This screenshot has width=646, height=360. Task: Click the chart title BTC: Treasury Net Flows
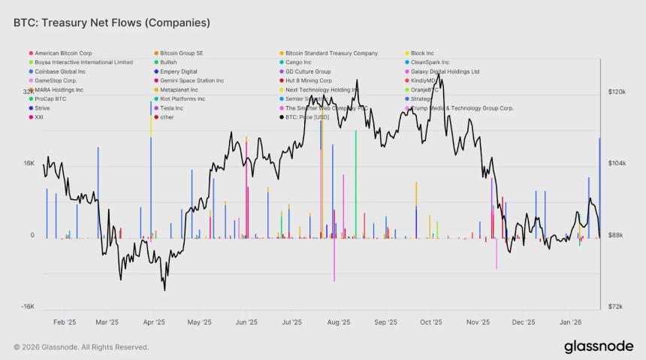pyautogui.click(x=111, y=23)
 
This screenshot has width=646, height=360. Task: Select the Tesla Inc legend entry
pyautogui.click(x=171, y=108)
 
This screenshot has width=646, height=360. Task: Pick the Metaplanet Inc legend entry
pyautogui.click(x=179, y=90)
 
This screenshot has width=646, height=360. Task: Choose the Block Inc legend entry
pyautogui.click(x=422, y=53)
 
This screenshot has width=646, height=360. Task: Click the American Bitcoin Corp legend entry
pyautogui.click(x=63, y=53)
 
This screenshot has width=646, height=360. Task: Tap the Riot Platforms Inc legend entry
pyautogui.click(x=182, y=99)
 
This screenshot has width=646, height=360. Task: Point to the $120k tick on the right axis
pyautogui.click(x=617, y=92)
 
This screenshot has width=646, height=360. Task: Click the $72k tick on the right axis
pyautogui.click(x=614, y=307)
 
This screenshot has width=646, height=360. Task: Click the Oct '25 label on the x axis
pyautogui.click(x=431, y=322)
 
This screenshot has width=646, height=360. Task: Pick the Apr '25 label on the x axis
pyautogui.click(x=154, y=322)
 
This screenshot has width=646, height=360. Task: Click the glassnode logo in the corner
pyautogui.click(x=599, y=346)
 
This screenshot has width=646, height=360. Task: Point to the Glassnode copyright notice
pyautogui.click(x=81, y=347)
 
